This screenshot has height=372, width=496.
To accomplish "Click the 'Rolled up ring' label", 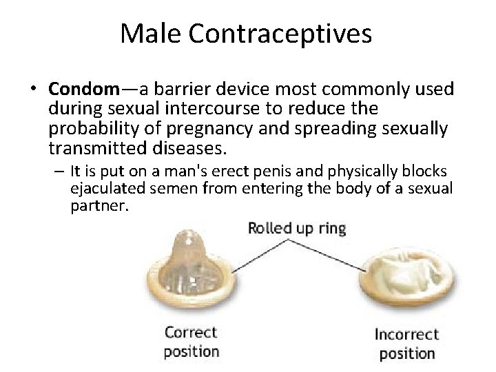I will [296, 228].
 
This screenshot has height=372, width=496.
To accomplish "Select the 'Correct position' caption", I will [191, 342].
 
